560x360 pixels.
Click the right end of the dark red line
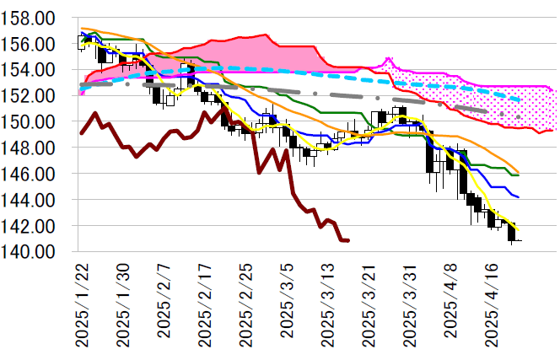coord(348,240)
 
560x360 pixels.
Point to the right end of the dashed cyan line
coord(520,100)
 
